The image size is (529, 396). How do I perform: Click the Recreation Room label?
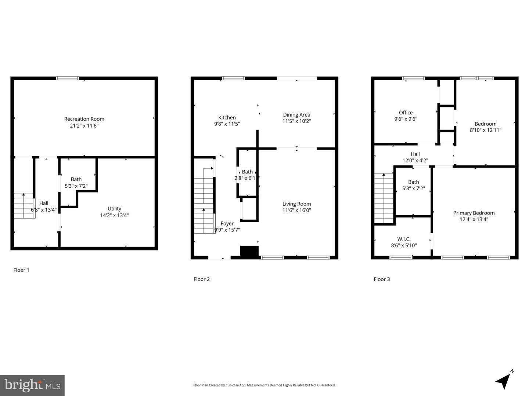[84, 119]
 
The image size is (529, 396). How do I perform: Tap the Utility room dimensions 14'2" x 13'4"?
[114, 215]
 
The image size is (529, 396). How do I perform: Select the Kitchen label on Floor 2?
[227, 117]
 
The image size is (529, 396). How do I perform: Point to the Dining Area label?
[296, 115]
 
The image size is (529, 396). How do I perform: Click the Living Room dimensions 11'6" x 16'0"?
[296, 210]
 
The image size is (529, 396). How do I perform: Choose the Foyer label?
[227, 223]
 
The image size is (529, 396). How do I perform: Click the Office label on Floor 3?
[406, 113]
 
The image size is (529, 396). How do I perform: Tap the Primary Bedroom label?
[474, 213]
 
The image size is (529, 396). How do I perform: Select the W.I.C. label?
[404, 239]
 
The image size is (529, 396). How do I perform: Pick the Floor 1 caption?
[21, 270]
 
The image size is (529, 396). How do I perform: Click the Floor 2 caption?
[202, 279]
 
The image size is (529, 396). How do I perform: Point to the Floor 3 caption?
[382, 279]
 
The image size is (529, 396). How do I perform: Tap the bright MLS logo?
[32, 385]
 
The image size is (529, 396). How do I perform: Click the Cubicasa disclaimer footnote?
[264, 385]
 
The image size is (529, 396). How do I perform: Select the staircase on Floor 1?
[24, 206]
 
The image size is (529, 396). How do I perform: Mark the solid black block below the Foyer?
[249, 251]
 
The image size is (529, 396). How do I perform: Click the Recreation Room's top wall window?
[68, 78]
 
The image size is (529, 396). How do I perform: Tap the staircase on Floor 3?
[384, 198]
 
